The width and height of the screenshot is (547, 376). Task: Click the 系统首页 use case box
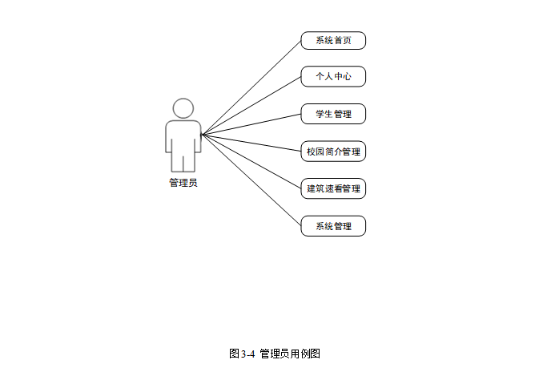point(333,40)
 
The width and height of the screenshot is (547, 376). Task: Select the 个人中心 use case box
point(333,77)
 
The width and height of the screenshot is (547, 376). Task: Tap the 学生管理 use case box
point(333,114)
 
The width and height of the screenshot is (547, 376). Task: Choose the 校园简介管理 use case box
point(333,151)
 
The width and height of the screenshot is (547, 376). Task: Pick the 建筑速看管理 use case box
point(333,189)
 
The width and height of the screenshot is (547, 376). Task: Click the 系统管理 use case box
point(333,226)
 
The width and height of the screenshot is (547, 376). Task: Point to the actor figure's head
point(183,108)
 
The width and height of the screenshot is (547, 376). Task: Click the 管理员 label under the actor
point(183,183)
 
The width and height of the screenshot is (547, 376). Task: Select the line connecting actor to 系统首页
point(251,87)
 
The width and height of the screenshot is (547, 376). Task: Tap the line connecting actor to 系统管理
point(251,180)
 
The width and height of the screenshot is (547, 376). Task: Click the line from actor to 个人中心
point(251,105)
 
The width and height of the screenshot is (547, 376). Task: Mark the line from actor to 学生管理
point(251,123)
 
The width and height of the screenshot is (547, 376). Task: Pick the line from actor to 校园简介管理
point(251,143)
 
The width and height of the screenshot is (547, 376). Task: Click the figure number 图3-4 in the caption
point(241,354)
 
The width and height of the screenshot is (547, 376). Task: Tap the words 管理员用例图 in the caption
point(290,354)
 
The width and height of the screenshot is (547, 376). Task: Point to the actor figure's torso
point(183,136)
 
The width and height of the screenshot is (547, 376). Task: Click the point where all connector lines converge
point(202,134)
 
